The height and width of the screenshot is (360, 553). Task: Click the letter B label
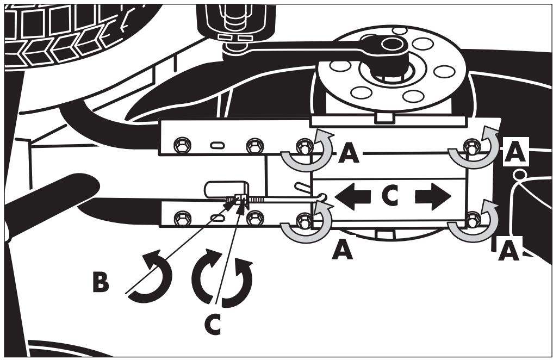pos(101,281)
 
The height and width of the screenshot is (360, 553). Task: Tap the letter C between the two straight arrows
pos(390,196)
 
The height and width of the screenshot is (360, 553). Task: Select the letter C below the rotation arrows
pos(213,324)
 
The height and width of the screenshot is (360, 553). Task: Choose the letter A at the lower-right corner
pos(508,251)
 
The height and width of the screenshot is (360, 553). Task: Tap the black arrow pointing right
pos(433,196)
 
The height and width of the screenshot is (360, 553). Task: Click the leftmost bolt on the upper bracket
pos(182,145)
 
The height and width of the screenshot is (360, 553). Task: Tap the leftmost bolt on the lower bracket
pos(182,218)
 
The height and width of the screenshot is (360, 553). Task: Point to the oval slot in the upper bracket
pos(218,145)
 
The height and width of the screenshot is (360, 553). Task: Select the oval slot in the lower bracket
pos(218,218)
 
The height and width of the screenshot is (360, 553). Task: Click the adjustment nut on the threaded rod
pos(241,200)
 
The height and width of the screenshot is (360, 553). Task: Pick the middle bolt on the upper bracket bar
pos(254,145)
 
